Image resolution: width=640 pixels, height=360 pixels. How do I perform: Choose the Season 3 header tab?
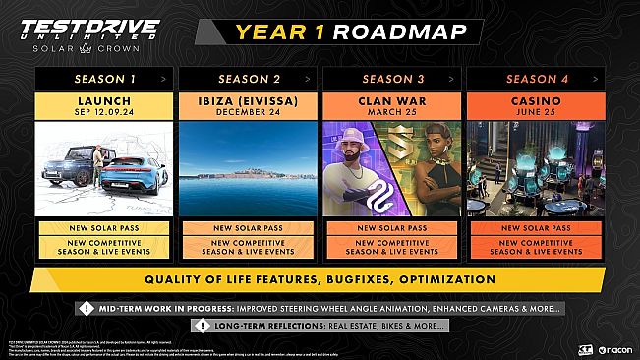(390, 76)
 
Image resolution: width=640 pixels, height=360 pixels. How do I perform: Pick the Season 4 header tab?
(533, 76)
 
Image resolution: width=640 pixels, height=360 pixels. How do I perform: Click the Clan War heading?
(390, 100)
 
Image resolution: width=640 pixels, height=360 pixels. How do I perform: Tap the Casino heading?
(533, 100)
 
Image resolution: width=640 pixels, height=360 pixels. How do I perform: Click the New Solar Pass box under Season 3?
(390, 228)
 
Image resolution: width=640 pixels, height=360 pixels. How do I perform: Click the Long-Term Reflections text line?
(330, 326)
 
